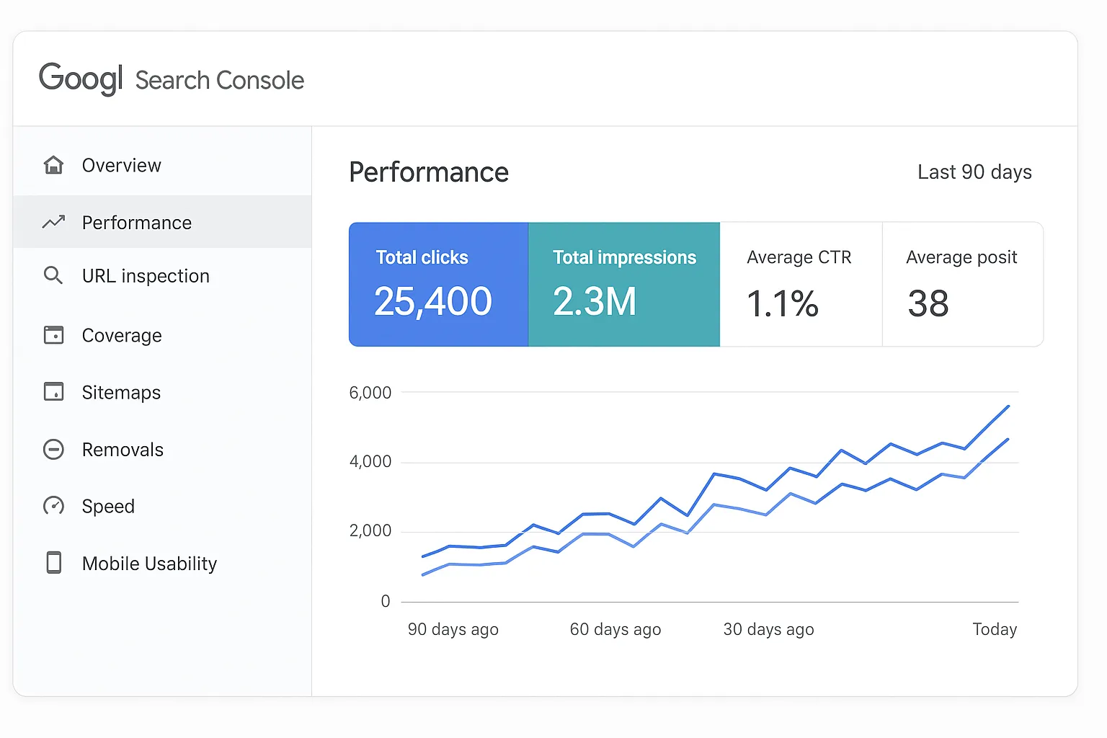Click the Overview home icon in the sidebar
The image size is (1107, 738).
(53, 165)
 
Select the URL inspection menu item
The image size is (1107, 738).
(145, 276)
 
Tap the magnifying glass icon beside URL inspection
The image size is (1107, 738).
(53, 275)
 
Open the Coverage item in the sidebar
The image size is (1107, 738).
(121, 335)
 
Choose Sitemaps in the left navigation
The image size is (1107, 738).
(120, 392)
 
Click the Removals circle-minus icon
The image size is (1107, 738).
(53, 449)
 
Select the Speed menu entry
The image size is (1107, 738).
(108, 506)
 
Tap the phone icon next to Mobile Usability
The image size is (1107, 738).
(53, 563)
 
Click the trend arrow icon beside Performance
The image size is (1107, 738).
(53, 222)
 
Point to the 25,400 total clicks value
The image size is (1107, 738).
(432, 301)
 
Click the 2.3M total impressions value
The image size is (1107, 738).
(595, 301)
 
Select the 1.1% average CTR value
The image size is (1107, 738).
(783, 303)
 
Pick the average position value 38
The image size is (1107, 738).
(928, 303)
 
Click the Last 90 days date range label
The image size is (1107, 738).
(974, 172)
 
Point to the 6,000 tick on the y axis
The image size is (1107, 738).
(370, 393)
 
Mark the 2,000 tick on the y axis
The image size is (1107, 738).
(370, 531)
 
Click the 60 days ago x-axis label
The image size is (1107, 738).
(615, 629)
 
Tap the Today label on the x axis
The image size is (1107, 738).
(995, 629)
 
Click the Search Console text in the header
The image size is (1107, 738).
(219, 80)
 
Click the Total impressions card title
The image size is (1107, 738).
(624, 257)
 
